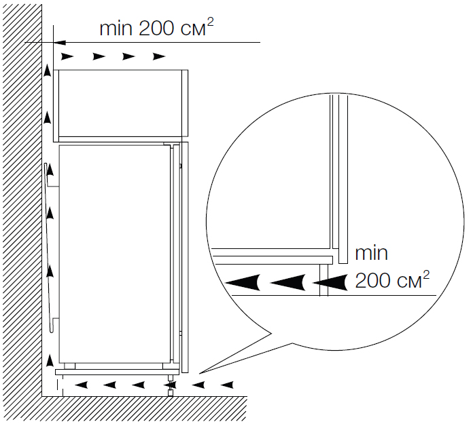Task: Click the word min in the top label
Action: [116, 28]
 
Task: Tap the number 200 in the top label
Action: [156, 28]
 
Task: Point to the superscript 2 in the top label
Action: [211, 22]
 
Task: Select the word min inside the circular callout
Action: [371, 253]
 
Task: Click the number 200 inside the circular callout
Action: [373, 280]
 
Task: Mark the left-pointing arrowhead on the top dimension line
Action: [60, 42]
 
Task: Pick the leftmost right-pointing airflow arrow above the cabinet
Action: [67, 56]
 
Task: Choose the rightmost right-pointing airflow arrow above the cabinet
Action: [159, 56]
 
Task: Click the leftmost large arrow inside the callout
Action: [243, 282]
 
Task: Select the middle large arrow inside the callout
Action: [287, 282]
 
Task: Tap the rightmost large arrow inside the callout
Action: [330, 282]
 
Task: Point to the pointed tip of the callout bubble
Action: [199, 373]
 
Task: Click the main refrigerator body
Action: [115, 254]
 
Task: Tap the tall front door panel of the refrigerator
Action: [185, 257]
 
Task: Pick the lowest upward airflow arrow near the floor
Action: [50, 360]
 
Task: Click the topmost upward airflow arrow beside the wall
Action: [47, 71]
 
